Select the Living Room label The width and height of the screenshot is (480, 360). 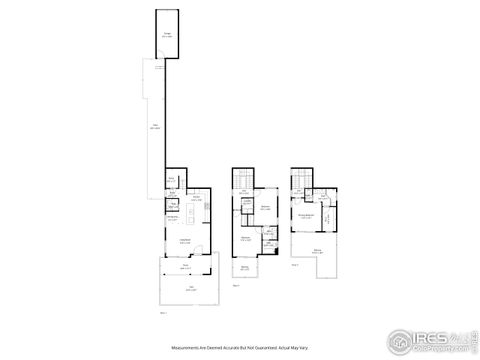[185, 240]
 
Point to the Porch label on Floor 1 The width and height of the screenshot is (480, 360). [185, 267]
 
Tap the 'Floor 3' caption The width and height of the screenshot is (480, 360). [295, 265]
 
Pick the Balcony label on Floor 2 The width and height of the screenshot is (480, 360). [244, 268]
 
